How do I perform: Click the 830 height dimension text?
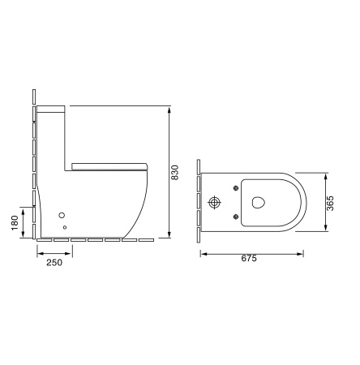click(175, 172)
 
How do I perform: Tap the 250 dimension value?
click(54, 263)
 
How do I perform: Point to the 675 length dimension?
click(250, 260)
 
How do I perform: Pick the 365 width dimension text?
click(331, 202)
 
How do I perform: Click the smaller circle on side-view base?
click(65, 229)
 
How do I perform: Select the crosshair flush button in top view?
click(216, 202)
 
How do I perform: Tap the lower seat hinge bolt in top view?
click(236, 216)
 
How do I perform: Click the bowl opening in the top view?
click(259, 201)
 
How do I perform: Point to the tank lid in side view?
click(52, 107)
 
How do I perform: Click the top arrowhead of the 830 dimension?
click(168, 107)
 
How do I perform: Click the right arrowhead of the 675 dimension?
click(303, 253)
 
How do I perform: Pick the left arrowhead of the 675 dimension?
click(203, 253)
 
